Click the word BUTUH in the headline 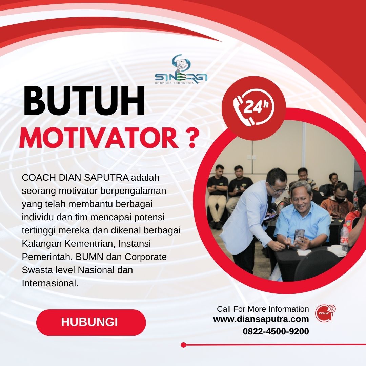pyautogui.click(x=84, y=102)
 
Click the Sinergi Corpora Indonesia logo pyautogui.click(x=181, y=69)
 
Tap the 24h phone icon pyautogui.click(x=254, y=108)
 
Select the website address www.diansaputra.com pyautogui.click(x=261, y=319)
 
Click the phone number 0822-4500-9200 pyautogui.click(x=276, y=331)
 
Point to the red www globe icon pyautogui.click(x=325, y=313)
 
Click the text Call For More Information pyautogui.click(x=263, y=309)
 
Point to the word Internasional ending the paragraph pyautogui.click(x=50, y=283)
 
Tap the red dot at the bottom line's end pyautogui.click(x=183, y=345)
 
